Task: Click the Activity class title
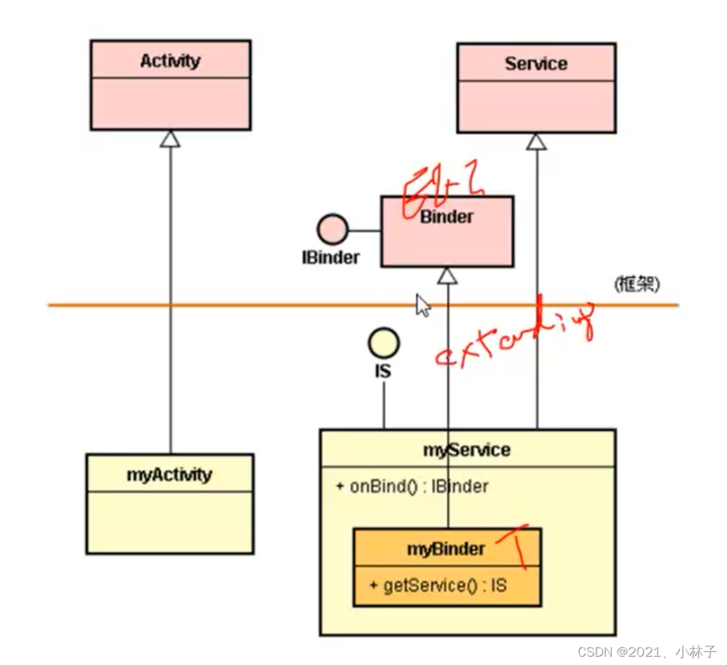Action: pos(170,61)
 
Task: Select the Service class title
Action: pos(536,64)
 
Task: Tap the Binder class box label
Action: pos(447,217)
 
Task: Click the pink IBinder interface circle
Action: pos(332,229)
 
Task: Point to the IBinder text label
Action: pos(331,257)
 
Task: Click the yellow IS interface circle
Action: pos(383,342)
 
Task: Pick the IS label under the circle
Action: pos(383,371)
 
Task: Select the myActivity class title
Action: pos(169,475)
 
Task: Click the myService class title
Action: pos(467,450)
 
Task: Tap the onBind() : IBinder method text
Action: pos(412,486)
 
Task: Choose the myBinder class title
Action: pos(446,549)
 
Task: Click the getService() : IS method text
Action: pos(438,586)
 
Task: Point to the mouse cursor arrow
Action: pos(423,305)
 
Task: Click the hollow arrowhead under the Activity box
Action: pos(170,139)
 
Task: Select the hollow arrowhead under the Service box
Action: pos(536,142)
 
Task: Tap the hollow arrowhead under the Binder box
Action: pos(447,276)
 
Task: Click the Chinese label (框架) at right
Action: pos(636,284)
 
